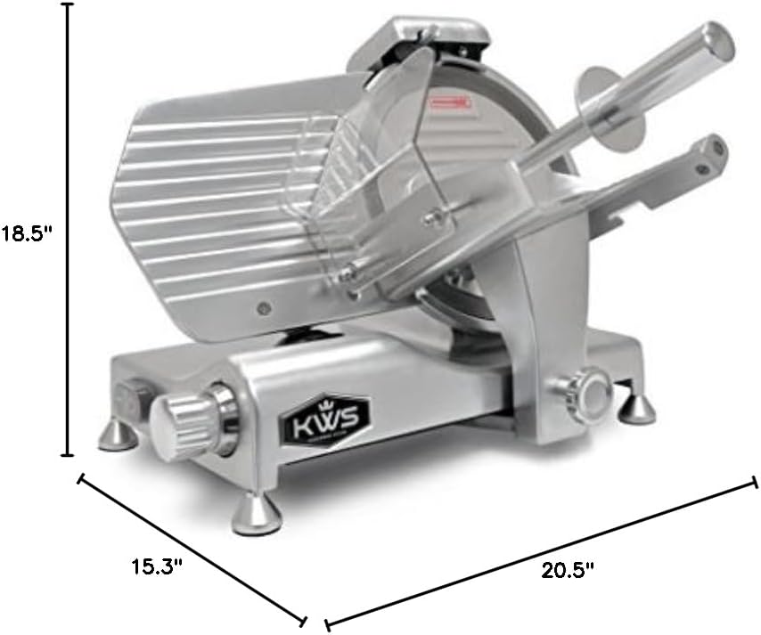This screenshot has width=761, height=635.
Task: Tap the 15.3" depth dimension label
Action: click(x=157, y=566)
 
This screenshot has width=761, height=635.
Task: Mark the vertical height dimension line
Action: click(x=67, y=227)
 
